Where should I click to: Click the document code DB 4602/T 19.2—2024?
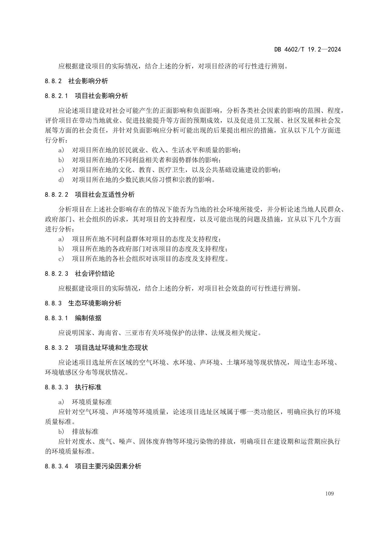coord(307,49)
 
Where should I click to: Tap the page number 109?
coord(329,493)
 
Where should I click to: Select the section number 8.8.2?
coord(53,81)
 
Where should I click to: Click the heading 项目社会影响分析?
coord(101,96)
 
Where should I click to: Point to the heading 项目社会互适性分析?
coord(105,194)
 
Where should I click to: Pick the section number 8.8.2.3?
coord(57,273)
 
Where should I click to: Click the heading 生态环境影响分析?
coord(95,303)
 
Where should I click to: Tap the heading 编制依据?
coord(88,318)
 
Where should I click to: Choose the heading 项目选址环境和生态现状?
coord(111,348)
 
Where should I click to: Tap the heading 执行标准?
coord(88,387)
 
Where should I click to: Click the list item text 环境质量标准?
coord(92,402)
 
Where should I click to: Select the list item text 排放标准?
coord(85,432)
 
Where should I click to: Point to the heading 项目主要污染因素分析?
coord(108,466)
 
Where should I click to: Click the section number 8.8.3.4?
coord(57,466)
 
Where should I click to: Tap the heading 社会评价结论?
coord(95,273)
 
